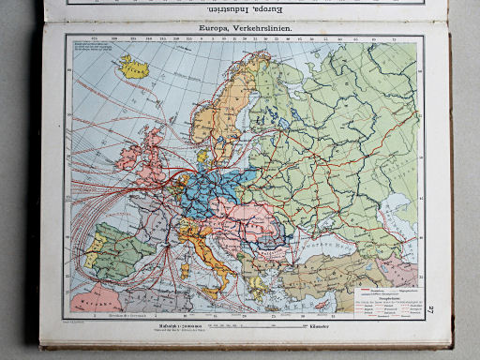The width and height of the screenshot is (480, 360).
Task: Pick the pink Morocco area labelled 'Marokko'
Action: click(x=94, y=301)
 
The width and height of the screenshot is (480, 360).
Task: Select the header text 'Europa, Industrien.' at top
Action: click(x=243, y=7)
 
